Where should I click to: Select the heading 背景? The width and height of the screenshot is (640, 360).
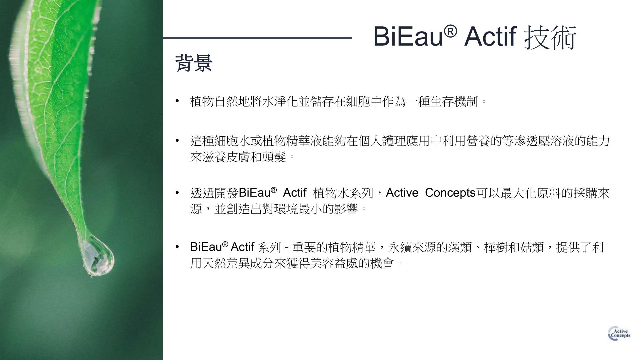[x=194, y=63]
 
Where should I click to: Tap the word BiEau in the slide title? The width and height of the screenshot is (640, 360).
[x=408, y=37]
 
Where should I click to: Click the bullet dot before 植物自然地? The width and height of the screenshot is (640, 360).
[x=178, y=101]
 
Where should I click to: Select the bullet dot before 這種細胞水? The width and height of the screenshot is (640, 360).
[x=178, y=141]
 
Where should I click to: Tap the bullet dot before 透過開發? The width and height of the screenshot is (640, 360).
[x=178, y=193]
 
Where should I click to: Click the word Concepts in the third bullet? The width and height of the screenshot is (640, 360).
[x=450, y=193]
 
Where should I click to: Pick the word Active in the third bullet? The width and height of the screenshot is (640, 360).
[x=402, y=193]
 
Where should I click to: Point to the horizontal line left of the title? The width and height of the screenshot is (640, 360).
[x=257, y=38]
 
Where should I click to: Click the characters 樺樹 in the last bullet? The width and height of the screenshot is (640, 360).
[x=496, y=247]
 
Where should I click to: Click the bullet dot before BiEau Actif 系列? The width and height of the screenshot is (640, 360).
[x=178, y=247]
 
